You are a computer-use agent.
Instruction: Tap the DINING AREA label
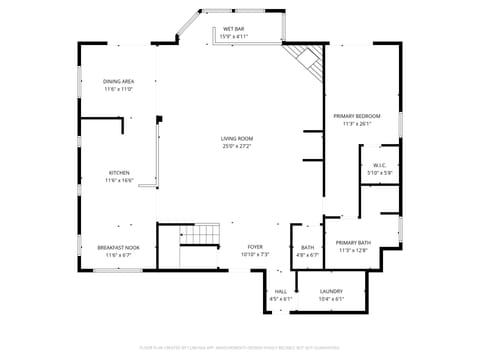pos(119,81)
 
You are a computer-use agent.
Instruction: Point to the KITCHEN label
pos(119,173)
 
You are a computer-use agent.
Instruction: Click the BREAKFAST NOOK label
pos(119,247)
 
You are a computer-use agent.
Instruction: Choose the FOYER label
pos(256,247)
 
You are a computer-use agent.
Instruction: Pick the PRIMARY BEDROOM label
pos(357,116)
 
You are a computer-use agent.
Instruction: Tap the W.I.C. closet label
pos(380,165)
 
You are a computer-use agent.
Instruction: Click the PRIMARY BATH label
pos(353,243)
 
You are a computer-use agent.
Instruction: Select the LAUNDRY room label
pos(331,291)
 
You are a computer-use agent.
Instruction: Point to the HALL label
pos(280,291)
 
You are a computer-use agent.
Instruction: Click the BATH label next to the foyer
pos(307,247)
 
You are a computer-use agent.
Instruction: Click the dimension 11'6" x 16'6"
pos(119,181)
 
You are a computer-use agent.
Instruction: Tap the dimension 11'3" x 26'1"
pos(357,124)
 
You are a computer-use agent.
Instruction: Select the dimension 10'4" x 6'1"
pos(331,299)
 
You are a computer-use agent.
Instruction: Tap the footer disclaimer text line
pos(240,347)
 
